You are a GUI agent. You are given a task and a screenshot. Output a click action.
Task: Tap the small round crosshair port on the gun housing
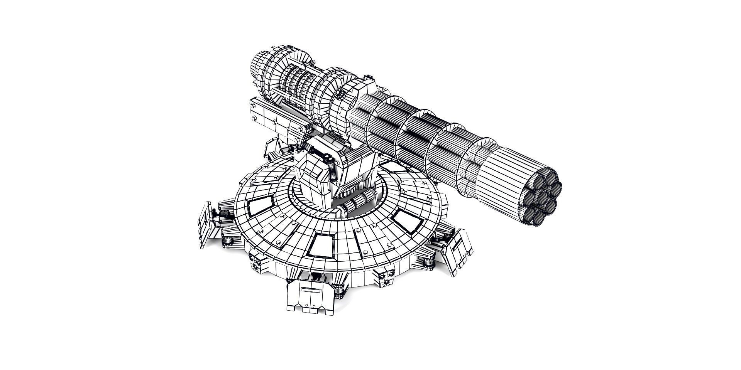(x=340, y=94)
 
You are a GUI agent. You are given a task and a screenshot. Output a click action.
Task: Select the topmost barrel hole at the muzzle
(x=550, y=178)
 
